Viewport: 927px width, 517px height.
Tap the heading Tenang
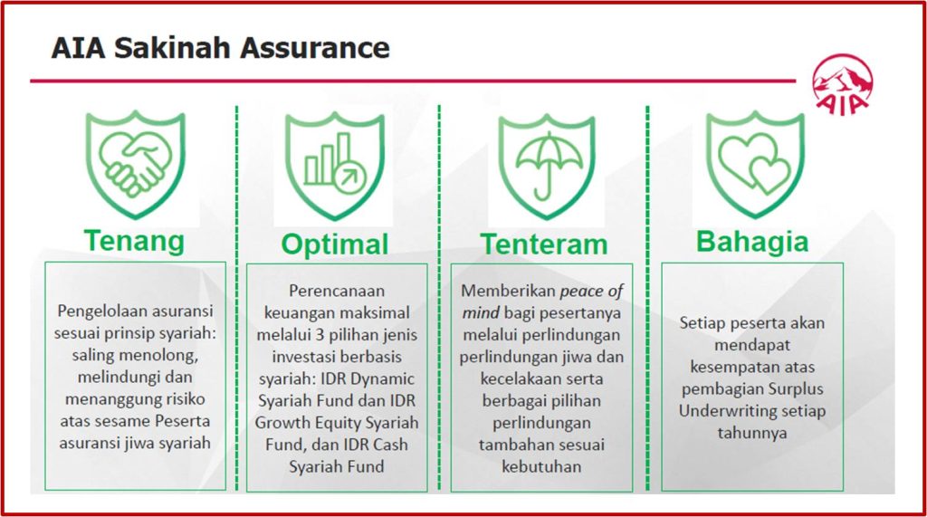tap(134, 241)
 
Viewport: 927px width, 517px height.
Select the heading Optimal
tap(335, 244)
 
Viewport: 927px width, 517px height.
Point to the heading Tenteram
tap(544, 244)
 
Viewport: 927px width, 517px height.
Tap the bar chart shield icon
tap(334, 165)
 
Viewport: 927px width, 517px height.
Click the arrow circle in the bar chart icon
tap(346, 178)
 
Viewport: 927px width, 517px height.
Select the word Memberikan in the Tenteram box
tap(508, 291)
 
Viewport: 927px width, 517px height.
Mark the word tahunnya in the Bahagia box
tap(752, 433)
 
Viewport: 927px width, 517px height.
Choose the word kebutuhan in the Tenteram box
tap(543, 466)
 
